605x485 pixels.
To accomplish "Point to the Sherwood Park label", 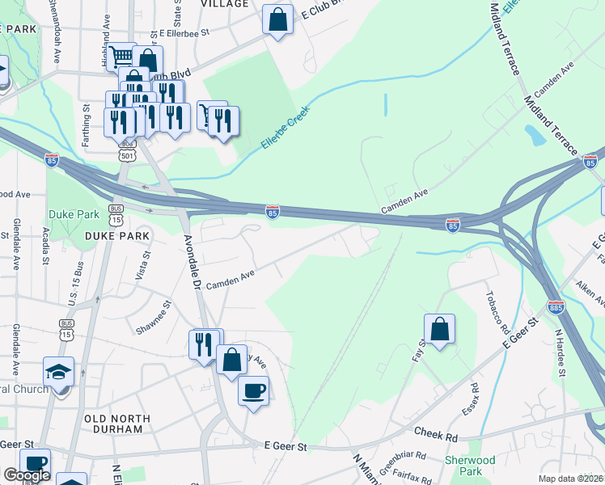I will point(471,465).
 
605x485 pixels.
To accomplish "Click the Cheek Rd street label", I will point(436,436).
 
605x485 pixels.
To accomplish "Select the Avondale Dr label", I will point(192,262).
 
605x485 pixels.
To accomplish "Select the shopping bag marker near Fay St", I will point(439,330).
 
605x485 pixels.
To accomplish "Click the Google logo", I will point(26,475).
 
